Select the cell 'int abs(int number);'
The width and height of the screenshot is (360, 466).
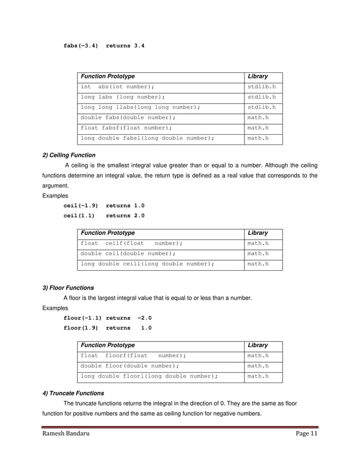click(117, 87)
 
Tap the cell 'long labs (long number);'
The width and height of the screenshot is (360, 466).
click(122, 97)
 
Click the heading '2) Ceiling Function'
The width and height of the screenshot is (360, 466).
click(69, 155)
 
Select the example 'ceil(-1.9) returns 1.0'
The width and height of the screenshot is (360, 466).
click(104, 206)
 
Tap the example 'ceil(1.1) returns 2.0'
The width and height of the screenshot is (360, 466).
click(104, 216)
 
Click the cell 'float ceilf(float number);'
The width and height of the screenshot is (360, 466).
click(131, 243)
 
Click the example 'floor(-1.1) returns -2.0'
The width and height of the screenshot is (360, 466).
click(107, 318)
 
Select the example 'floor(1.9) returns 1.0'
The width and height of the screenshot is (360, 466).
click(107, 328)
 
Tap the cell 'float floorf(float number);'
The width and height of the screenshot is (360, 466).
click(133, 356)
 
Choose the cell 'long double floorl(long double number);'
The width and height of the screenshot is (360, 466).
click(149, 376)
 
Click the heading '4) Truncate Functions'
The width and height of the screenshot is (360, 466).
click(73, 393)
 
